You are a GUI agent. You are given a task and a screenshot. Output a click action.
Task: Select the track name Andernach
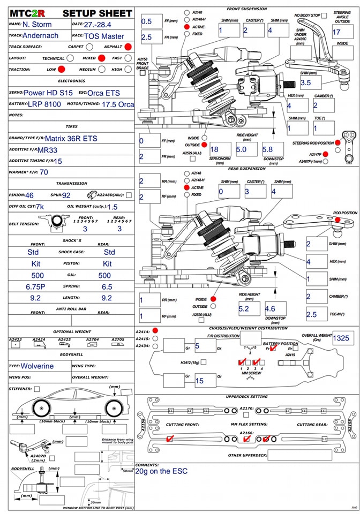point(44,36)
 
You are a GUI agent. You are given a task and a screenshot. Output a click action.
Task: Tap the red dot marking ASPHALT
point(129,47)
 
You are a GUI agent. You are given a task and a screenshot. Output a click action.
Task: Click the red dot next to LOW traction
point(62,69)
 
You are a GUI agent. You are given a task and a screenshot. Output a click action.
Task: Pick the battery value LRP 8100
point(44,104)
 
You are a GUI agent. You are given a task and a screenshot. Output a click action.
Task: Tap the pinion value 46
point(29,195)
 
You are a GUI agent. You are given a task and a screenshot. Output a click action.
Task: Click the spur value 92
point(67,195)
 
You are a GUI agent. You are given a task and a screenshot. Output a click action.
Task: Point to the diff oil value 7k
point(40,207)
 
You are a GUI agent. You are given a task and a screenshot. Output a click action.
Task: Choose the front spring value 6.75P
point(35,286)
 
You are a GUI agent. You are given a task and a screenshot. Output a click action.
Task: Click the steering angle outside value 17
point(336,32)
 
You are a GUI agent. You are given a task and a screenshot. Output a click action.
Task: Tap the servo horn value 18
point(214,150)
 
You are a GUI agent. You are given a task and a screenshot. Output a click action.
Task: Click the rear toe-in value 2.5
point(312,315)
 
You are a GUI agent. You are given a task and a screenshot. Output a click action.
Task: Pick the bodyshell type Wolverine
point(37,366)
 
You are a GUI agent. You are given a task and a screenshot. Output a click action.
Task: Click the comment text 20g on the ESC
point(162,471)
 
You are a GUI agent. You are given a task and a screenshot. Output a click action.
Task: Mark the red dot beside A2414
point(155,331)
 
